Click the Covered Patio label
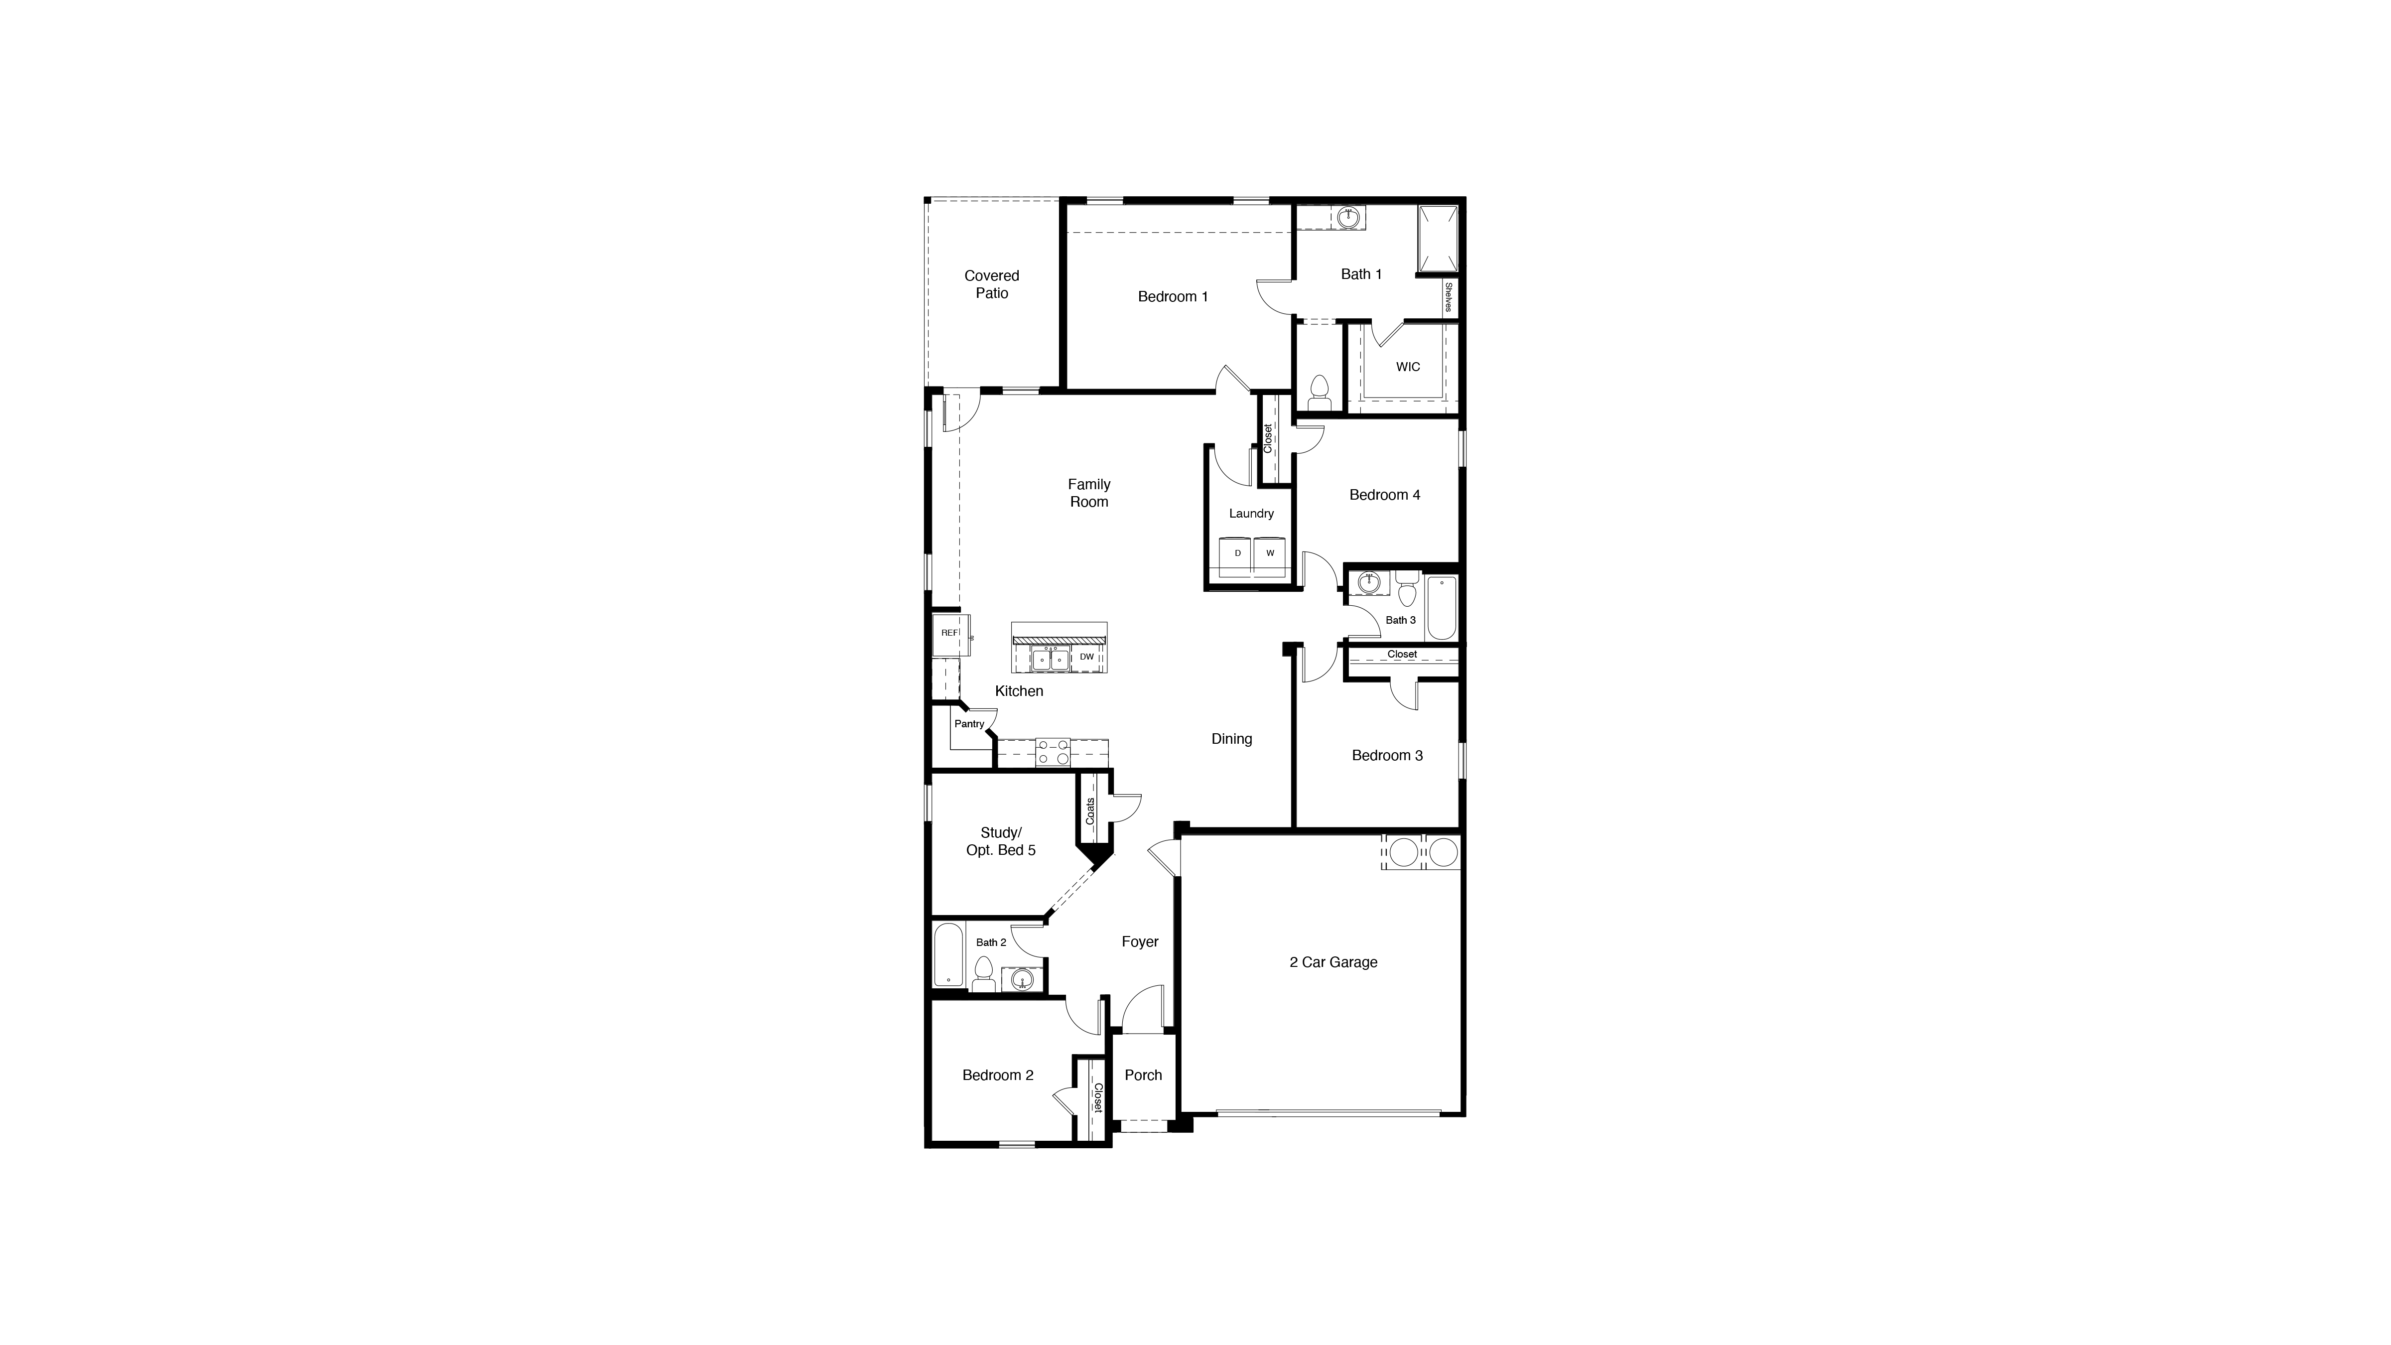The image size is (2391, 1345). coord(991,284)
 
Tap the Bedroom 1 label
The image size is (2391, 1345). coord(1172,297)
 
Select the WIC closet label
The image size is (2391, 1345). coord(1407,367)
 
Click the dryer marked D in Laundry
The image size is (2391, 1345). coord(1237,553)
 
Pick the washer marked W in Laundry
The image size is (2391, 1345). coord(1270,553)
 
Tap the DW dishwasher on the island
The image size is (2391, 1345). coord(1086,657)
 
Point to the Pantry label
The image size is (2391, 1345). coord(969,724)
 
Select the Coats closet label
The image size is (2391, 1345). coord(1090,811)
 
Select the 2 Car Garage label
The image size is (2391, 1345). coord(1333,962)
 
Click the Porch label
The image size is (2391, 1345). coord(1143,1075)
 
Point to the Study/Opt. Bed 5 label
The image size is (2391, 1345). coord(1001,841)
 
